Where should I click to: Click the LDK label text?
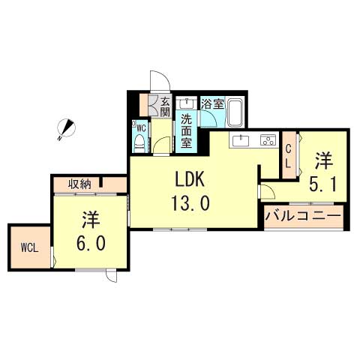190,179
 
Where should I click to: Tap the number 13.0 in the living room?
190,203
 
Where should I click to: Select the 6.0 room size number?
91,243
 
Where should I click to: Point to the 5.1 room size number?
322,184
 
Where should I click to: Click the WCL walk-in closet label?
29,248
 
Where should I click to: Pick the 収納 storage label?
79,184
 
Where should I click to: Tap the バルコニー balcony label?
303,215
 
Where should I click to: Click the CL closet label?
288,157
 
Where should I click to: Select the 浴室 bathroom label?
212,104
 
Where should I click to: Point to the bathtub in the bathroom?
235,112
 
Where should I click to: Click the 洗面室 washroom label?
186,131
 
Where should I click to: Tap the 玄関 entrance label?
165,106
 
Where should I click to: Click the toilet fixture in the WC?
139,143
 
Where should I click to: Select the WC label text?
142,128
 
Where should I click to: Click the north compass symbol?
66,128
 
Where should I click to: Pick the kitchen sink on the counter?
241,140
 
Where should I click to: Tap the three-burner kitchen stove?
268,140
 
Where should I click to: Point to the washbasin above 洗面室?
186,103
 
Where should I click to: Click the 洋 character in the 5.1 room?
324,161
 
